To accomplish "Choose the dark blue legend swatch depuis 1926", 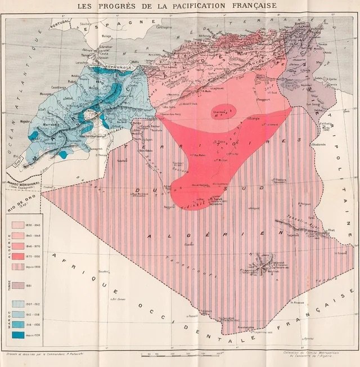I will click(x=23, y=335).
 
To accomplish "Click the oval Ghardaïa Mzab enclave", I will click(x=223, y=110).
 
